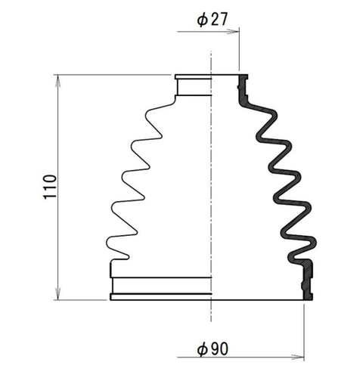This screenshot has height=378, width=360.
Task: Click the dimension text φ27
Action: (x=212, y=19)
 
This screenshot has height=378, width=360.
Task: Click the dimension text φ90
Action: (x=213, y=349)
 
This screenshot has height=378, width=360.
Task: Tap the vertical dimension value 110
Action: (x=50, y=187)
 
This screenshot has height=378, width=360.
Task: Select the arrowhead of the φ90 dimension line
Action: (x=298, y=357)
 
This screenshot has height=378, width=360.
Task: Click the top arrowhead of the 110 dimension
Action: (x=58, y=81)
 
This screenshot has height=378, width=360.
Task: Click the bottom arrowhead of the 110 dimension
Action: (x=58, y=293)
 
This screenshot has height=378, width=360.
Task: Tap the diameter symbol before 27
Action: (x=202, y=20)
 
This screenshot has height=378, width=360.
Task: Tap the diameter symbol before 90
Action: (x=202, y=350)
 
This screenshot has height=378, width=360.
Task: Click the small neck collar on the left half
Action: (x=194, y=87)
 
